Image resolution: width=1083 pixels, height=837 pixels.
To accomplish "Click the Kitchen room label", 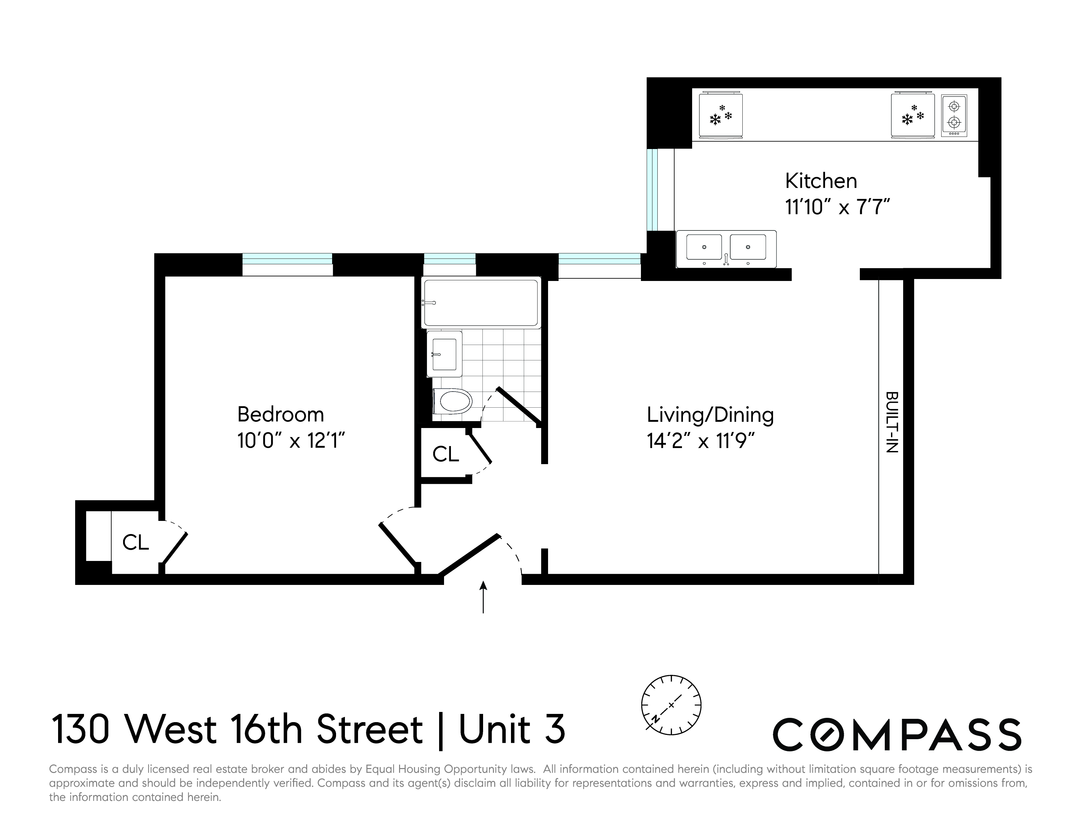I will (821, 181).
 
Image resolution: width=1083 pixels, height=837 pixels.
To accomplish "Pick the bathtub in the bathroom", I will (480, 303).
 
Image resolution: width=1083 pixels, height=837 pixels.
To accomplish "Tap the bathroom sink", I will (444, 354).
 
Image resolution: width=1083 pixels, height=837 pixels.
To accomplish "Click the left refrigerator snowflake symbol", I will (720, 116).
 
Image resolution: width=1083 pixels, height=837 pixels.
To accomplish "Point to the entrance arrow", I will (483, 597).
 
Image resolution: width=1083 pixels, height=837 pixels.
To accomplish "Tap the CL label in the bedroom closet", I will (135, 543).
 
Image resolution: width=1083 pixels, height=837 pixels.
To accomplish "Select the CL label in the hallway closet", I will (445, 454).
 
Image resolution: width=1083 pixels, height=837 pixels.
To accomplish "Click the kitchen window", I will (652, 190).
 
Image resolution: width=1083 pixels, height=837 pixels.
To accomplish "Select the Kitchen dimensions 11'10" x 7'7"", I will (838, 207).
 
